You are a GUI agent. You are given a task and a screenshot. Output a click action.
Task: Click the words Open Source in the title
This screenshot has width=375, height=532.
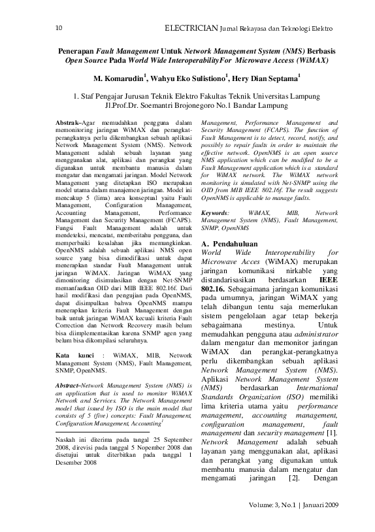tap(86, 60)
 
